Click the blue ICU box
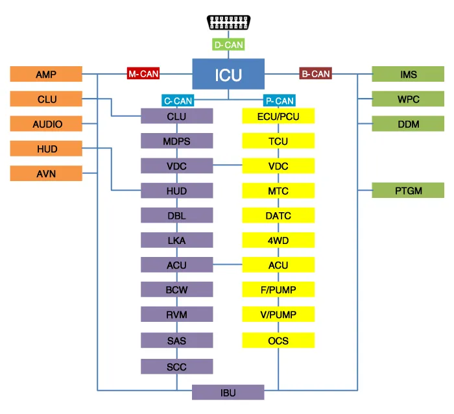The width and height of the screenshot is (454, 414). tap(228, 74)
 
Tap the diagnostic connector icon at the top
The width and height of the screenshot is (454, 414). tap(228, 23)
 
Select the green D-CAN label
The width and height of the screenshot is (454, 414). tap(228, 45)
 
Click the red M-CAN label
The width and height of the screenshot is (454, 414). tap(143, 74)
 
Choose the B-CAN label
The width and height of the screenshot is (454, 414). tap(315, 74)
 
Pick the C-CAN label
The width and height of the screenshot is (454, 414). tap(176, 101)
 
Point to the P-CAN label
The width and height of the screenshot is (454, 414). tap(279, 101)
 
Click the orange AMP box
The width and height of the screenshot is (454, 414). tap(46, 74)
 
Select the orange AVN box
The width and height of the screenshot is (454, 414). tap(46, 173)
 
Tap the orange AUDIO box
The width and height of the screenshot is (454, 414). tap(46, 124)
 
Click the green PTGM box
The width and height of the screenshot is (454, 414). tap(408, 190)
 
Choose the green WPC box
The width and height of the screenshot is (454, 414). tap(408, 99)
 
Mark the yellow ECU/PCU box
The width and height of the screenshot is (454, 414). tap(278, 116)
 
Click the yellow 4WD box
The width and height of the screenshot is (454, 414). tap(278, 240)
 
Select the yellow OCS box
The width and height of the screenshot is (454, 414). tap(278, 341)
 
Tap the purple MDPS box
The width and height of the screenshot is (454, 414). tap(177, 141)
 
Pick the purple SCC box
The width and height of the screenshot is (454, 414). tap(177, 367)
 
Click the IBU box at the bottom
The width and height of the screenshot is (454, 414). tap(228, 392)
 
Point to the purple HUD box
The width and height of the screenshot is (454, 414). tap(177, 191)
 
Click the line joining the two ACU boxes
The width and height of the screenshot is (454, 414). tap(228, 265)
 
